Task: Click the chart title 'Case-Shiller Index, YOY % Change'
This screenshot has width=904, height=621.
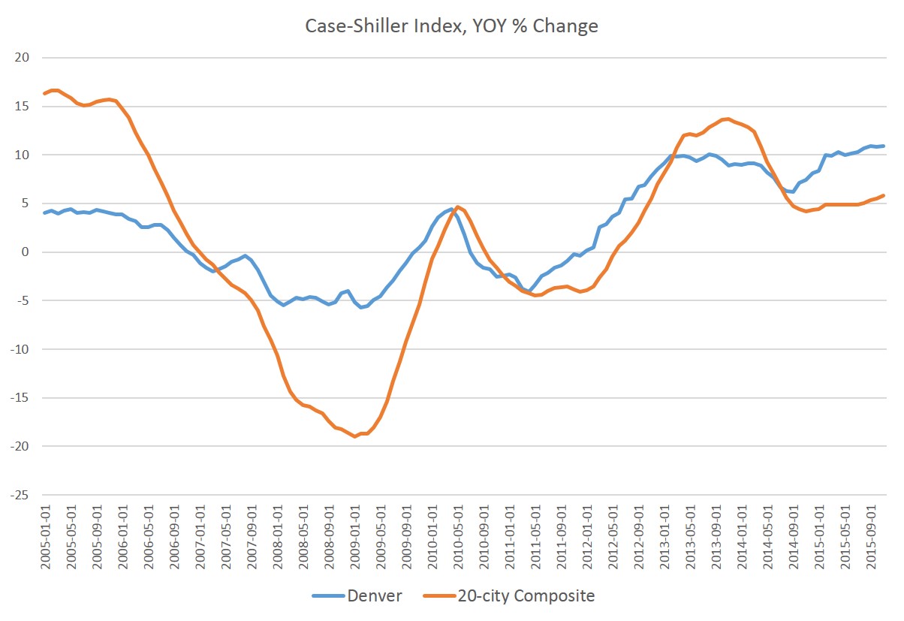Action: tap(451, 26)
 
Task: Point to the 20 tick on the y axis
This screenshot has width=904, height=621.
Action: tap(21, 58)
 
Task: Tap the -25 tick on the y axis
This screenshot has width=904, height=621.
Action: tap(19, 495)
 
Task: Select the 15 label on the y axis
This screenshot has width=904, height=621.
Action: tap(21, 107)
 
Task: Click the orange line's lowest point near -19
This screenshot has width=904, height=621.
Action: tap(355, 436)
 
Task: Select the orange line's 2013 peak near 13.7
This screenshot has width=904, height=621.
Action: tap(728, 119)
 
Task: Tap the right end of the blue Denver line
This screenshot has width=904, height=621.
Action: tap(884, 146)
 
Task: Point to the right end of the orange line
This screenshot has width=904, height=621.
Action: tap(884, 195)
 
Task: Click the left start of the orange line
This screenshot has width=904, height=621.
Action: tap(44, 94)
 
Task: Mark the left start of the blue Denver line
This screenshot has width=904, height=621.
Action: tap(44, 213)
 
